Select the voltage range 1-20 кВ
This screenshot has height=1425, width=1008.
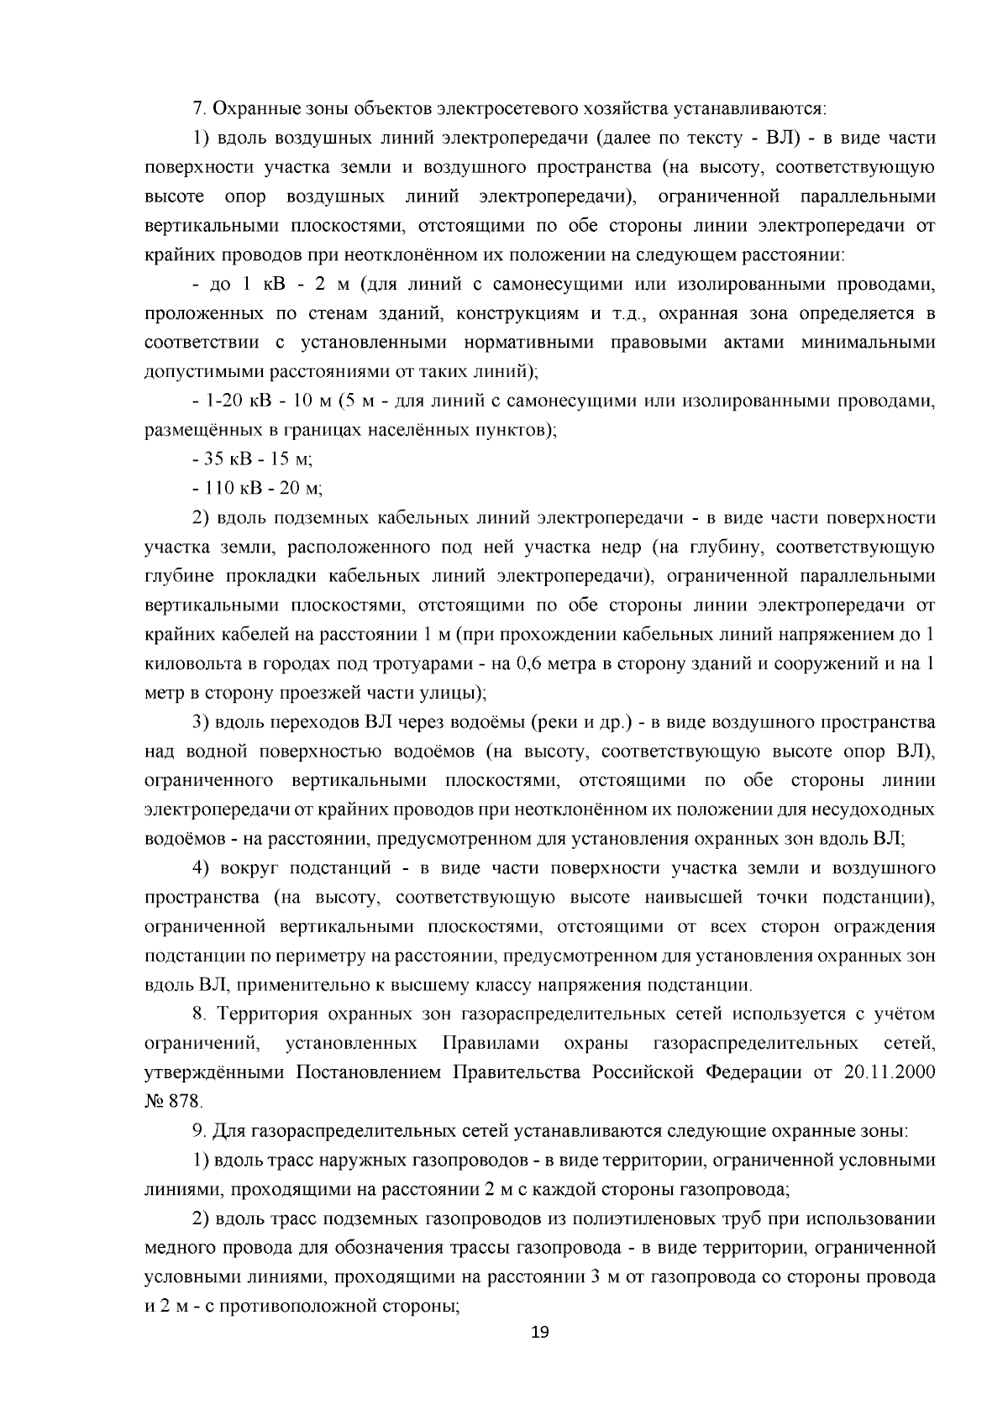(239, 401)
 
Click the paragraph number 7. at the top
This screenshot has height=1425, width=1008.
(199, 109)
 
